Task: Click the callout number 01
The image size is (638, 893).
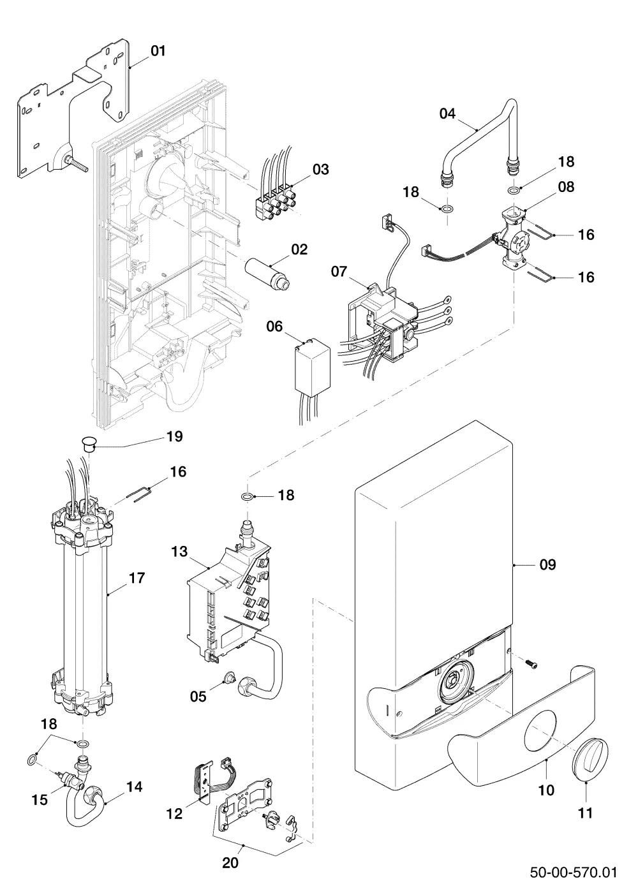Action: coord(158,51)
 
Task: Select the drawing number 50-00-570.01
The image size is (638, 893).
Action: coord(573,872)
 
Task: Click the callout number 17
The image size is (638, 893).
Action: coord(137,578)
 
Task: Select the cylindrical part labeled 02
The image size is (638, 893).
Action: coord(267,273)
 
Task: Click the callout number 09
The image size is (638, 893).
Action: coord(547,565)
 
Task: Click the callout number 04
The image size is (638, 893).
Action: coord(447,114)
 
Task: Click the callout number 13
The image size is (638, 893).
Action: coord(179,552)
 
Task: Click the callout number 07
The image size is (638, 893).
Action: coord(339,272)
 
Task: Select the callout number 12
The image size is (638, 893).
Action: coord(174,814)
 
